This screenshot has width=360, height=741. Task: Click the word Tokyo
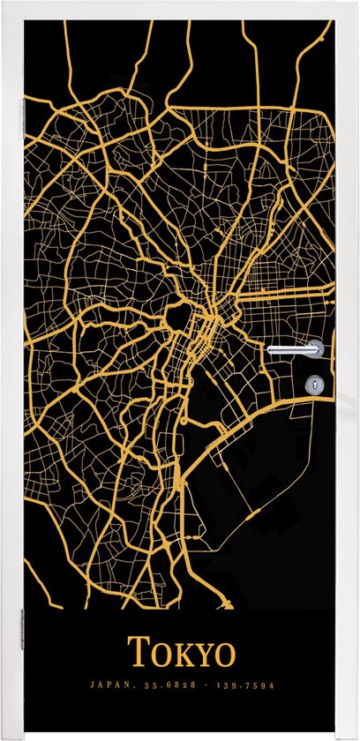pyautogui.click(x=183, y=654)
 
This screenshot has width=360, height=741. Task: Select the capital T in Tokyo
pyautogui.click(x=139, y=653)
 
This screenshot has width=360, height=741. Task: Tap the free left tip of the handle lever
pyautogui.click(x=271, y=349)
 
